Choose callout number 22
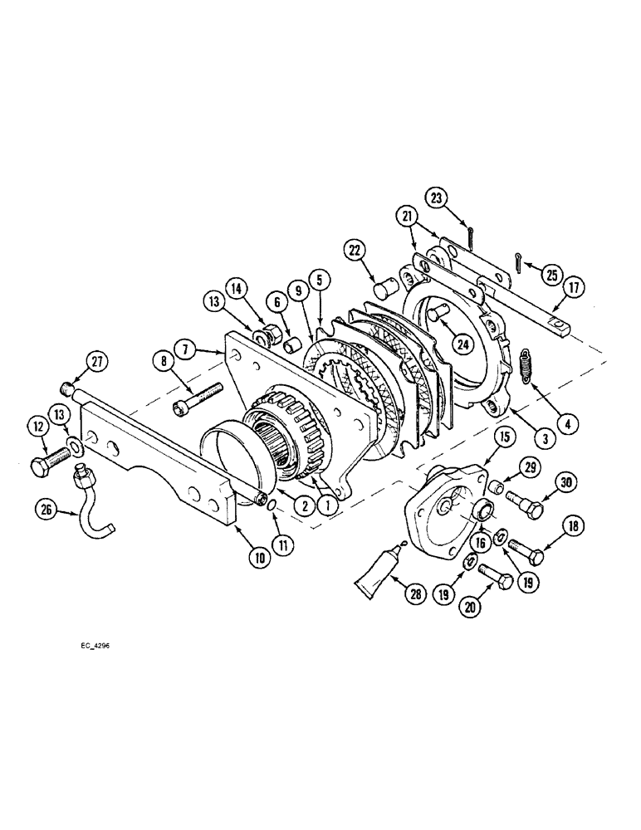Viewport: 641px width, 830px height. (355, 249)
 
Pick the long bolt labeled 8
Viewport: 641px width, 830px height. (199, 399)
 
